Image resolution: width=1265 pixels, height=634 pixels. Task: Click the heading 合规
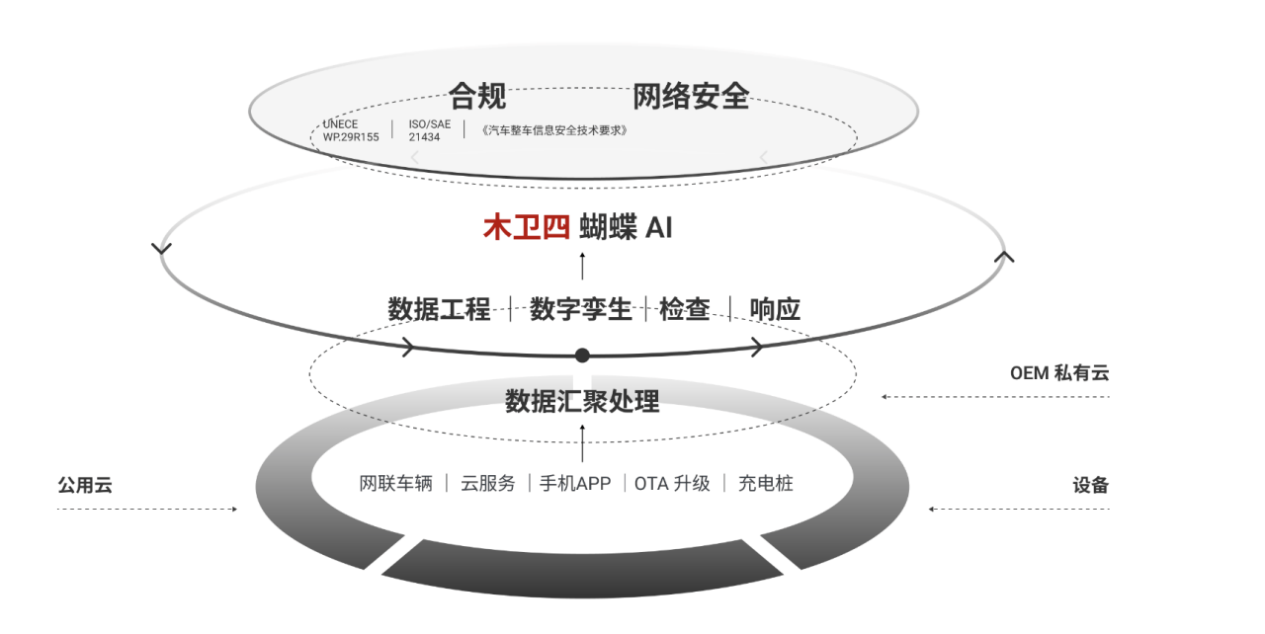point(477,96)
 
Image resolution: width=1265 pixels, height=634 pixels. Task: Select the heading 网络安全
point(691,96)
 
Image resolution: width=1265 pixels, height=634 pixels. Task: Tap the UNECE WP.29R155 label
point(351,130)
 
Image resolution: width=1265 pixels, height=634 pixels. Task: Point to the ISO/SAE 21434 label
point(430,130)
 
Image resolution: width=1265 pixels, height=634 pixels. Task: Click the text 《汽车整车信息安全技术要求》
point(554,130)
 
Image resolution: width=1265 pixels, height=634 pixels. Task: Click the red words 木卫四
point(527,227)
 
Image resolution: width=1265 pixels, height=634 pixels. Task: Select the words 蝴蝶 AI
point(626,227)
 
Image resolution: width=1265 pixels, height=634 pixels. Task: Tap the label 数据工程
point(440,309)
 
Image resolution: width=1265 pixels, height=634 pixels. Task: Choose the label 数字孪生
point(580,309)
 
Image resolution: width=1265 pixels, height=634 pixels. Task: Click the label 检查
point(685,309)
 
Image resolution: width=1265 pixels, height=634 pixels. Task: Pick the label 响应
point(775,309)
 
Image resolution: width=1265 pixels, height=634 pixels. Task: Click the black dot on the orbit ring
point(582,356)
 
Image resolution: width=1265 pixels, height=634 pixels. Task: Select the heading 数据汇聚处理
point(582,401)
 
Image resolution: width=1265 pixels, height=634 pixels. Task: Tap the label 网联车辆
point(396,483)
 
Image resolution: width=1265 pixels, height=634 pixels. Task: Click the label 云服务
point(488,483)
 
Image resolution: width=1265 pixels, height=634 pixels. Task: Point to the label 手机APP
point(575,483)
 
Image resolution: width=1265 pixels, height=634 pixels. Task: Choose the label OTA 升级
point(673,483)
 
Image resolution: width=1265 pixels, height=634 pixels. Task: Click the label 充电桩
point(766,483)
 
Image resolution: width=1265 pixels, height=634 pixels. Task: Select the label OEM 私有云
point(1059,373)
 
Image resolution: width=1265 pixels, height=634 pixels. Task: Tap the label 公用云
point(85,485)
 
